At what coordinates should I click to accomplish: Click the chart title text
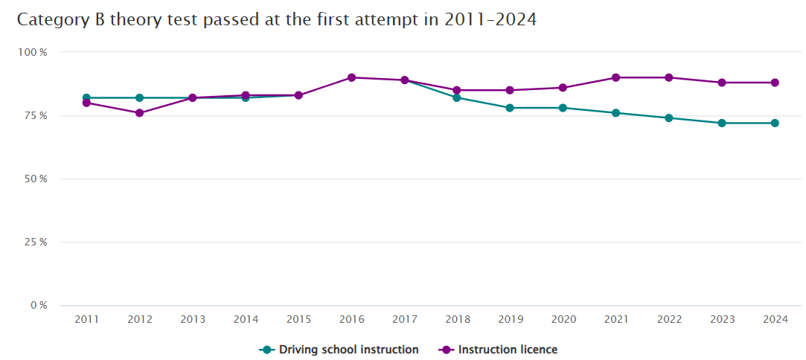pos(277,20)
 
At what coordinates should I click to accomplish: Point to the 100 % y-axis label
pos(33,52)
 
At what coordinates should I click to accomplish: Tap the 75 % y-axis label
pos(35,115)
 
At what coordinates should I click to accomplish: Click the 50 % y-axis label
pos(35,179)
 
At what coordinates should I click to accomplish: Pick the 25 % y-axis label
pos(35,242)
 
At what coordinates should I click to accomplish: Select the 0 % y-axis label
pos(38,305)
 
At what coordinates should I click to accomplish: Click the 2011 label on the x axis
pos(86,319)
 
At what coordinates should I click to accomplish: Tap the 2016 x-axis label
pos(351,319)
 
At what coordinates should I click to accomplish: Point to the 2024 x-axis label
pos(775,319)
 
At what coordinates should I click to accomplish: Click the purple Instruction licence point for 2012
pos(139,113)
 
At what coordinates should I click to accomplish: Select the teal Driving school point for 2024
pos(775,123)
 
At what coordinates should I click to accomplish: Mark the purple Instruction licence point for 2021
pos(615,77)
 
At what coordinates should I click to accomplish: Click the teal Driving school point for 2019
pos(510,108)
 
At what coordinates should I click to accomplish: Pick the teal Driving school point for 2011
pos(86,97)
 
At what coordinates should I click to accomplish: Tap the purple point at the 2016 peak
pos(351,77)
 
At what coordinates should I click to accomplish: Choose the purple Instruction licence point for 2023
pos(722,83)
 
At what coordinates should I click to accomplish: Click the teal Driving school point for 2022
pos(669,118)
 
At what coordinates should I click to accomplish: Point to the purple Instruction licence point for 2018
pos(457,90)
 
